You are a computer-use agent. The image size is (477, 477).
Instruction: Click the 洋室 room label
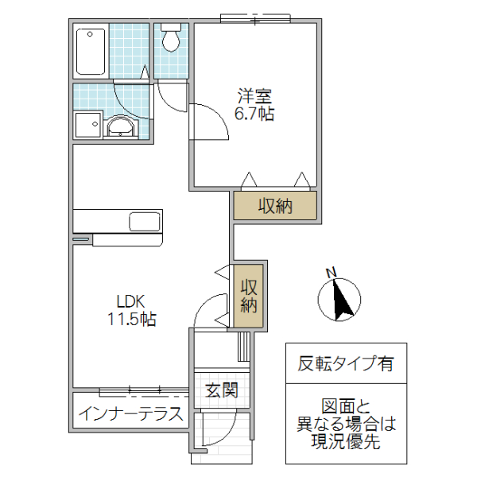pyautogui.click(x=254, y=97)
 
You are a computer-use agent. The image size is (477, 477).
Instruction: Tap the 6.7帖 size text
pyautogui.click(x=254, y=114)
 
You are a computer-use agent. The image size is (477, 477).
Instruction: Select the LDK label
pyautogui.click(x=130, y=302)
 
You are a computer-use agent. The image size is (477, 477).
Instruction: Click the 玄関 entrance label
pyautogui.click(x=221, y=390)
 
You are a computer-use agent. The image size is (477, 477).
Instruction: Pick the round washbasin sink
pyautogui.click(x=121, y=126)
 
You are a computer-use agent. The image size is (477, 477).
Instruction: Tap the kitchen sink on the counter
pyautogui.click(x=144, y=221)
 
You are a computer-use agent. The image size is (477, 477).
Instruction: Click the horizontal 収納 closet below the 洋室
pyautogui.click(x=275, y=206)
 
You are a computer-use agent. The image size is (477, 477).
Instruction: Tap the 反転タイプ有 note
pyautogui.click(x=346, y=365)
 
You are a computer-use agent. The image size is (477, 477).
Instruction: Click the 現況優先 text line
pyautogui.click(x=347, y=443)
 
